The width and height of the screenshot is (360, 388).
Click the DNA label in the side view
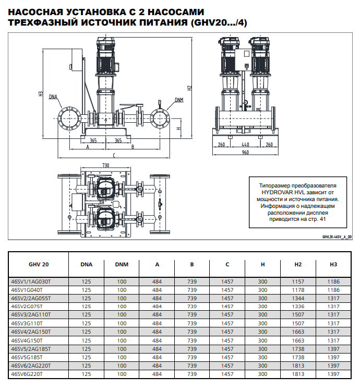pyautogui.click(x=53, y=97)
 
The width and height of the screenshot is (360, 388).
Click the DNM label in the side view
pyautogui.click(x=178, y=100)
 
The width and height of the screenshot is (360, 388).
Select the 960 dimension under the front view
pyautogui.click(x=245, y=155)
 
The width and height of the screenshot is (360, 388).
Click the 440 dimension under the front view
pyautogui.click(x=245, y=144)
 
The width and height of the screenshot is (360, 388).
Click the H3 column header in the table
pyautogui.click(x=333, y=264)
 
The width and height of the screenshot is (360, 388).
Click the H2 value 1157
pyautogui.click(x=298, y=281)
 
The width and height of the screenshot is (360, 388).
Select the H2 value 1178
pyautogui.click(x=298, y=290)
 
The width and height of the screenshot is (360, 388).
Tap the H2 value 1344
pyautogui.click(x=298, y=298)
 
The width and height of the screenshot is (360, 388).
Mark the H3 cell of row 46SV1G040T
pyautogui.click(x=333, y=290)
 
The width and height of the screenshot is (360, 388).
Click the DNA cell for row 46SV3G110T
pyautogui.click(x=87, y=324)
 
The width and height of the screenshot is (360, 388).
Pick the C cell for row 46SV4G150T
pyautogui.click(x=227, y=340)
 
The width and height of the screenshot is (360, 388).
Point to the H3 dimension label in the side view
pyautogui.click(x=41, y=94)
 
